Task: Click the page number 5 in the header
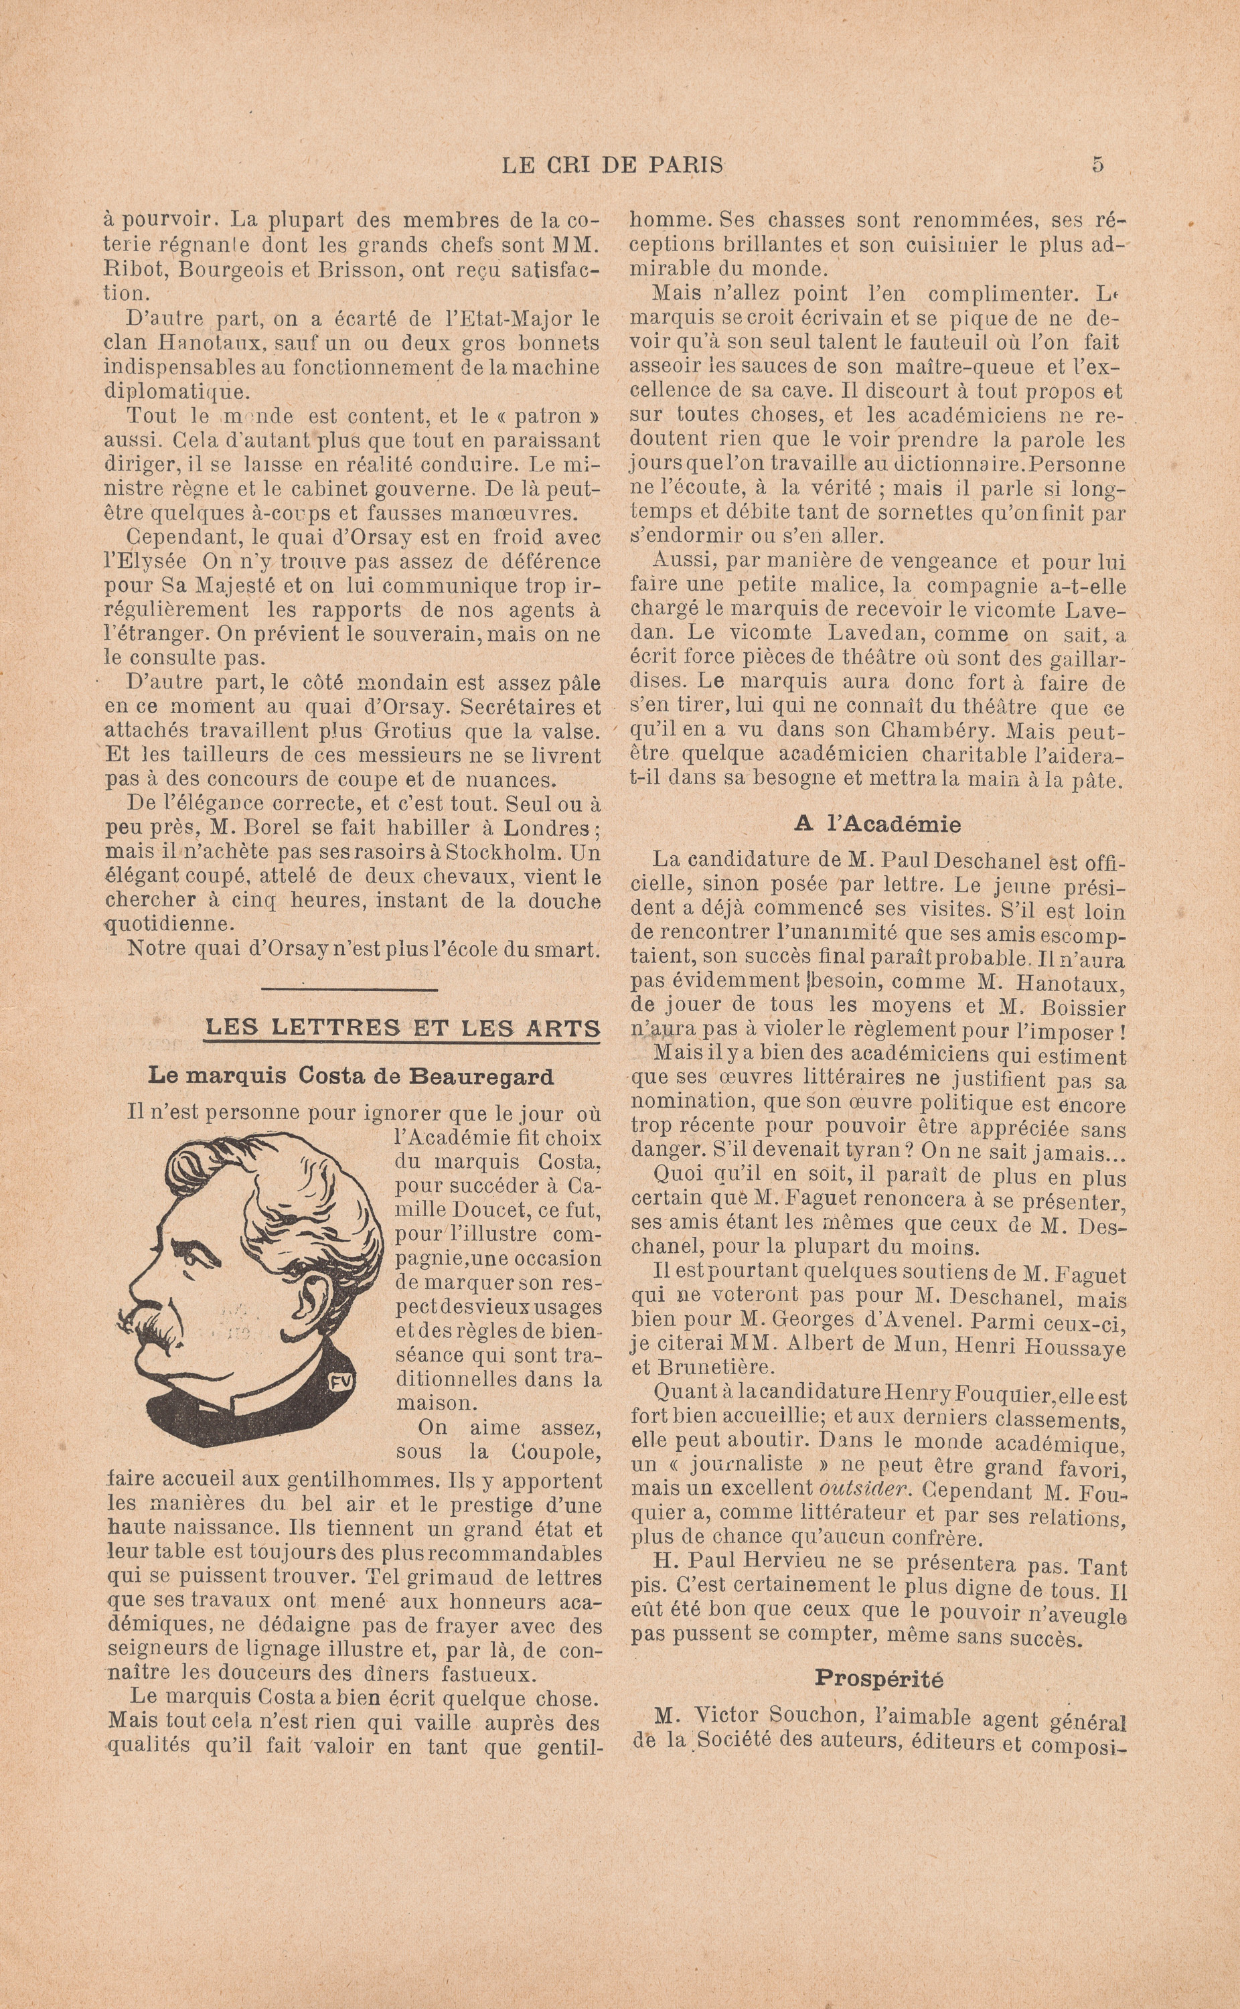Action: coord(1097,164)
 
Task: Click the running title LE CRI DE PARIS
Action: coord(612,165)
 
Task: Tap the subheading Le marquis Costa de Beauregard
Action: coord(351,1076)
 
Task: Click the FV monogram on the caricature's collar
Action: coord(340,1382)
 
